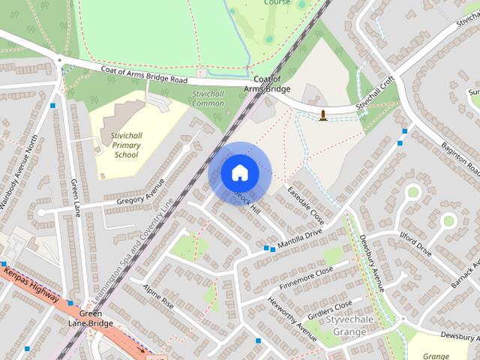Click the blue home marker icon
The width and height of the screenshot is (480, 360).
[x=240, y=173]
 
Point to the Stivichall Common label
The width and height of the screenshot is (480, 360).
[x=208, y=98]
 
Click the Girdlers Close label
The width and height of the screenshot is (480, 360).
[x=331, y=308]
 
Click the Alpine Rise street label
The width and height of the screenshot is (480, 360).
[x=158, y=296]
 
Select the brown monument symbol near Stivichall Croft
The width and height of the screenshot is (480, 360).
[x=323, y=115]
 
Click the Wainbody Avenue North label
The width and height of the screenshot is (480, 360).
[x=19, y=173]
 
